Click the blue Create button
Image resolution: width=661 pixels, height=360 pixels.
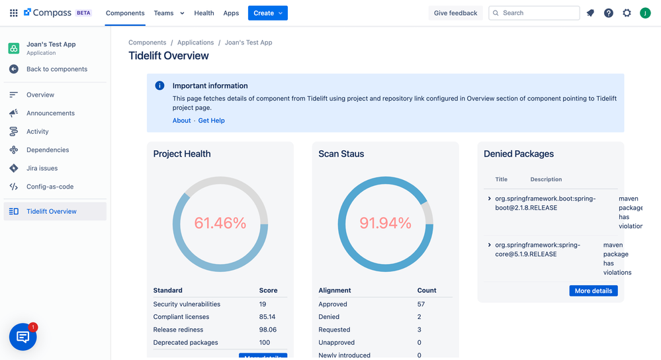[x=267, y=13]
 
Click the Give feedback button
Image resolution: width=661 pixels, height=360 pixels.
[x=455, y=13]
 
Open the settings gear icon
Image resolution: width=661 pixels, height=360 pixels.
[x=627, y=13]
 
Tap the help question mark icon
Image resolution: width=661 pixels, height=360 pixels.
[x=608, y=13]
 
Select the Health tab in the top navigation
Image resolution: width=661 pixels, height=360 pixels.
[x=204, y=13]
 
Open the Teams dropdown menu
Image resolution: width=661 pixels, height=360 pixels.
[x=169, y=13]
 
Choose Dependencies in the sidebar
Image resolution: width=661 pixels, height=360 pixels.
[x=48, y=150]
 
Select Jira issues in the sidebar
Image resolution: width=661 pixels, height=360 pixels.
[x=42, y=168]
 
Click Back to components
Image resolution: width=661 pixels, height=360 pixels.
[x=56, y=69]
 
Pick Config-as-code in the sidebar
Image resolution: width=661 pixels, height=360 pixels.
[x=50, y=187]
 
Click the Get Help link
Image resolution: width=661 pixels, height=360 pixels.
[x=211, y=120]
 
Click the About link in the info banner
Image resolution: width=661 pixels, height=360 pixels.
[x=181, y=120]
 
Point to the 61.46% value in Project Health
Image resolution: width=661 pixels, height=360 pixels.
[x=220, y=224]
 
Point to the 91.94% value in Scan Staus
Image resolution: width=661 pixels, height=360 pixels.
[x=385, y=224]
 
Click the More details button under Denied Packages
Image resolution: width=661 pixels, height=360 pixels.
[x=593, y=291]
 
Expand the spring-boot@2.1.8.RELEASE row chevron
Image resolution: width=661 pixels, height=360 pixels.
[x=490, y=199]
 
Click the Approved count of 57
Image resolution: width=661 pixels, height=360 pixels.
[x=421, y=304]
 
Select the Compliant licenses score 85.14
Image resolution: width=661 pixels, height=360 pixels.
[x=267, y=317]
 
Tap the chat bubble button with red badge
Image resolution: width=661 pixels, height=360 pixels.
[x=23, y=337]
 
